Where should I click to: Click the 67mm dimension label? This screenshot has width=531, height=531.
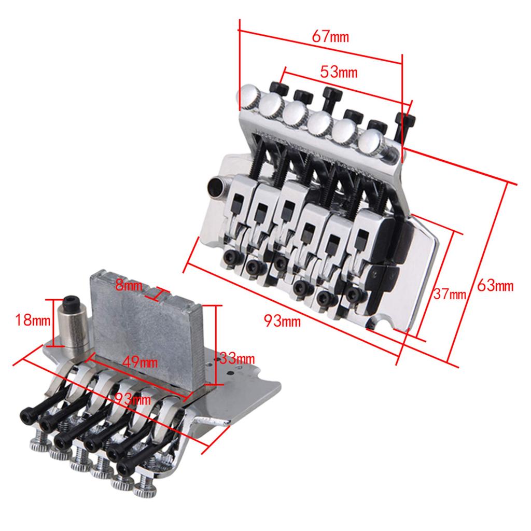click(330, 37)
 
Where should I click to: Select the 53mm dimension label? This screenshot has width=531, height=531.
click(339, 72)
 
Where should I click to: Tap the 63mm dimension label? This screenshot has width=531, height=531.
click(495, 286)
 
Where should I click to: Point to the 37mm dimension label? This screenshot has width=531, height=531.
click(450, 295)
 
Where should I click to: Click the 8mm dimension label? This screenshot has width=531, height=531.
click(129, 285)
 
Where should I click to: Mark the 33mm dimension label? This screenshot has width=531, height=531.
click(237, 358)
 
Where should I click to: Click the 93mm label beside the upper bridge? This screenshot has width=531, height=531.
click(282, 321)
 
